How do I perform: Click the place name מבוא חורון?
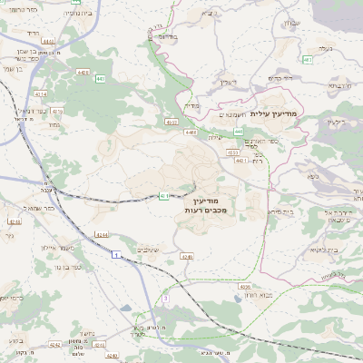click(x=248, y=297)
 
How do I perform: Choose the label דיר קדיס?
click(x=337, y=121)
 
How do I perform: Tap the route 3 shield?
click(x=166, y=298)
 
